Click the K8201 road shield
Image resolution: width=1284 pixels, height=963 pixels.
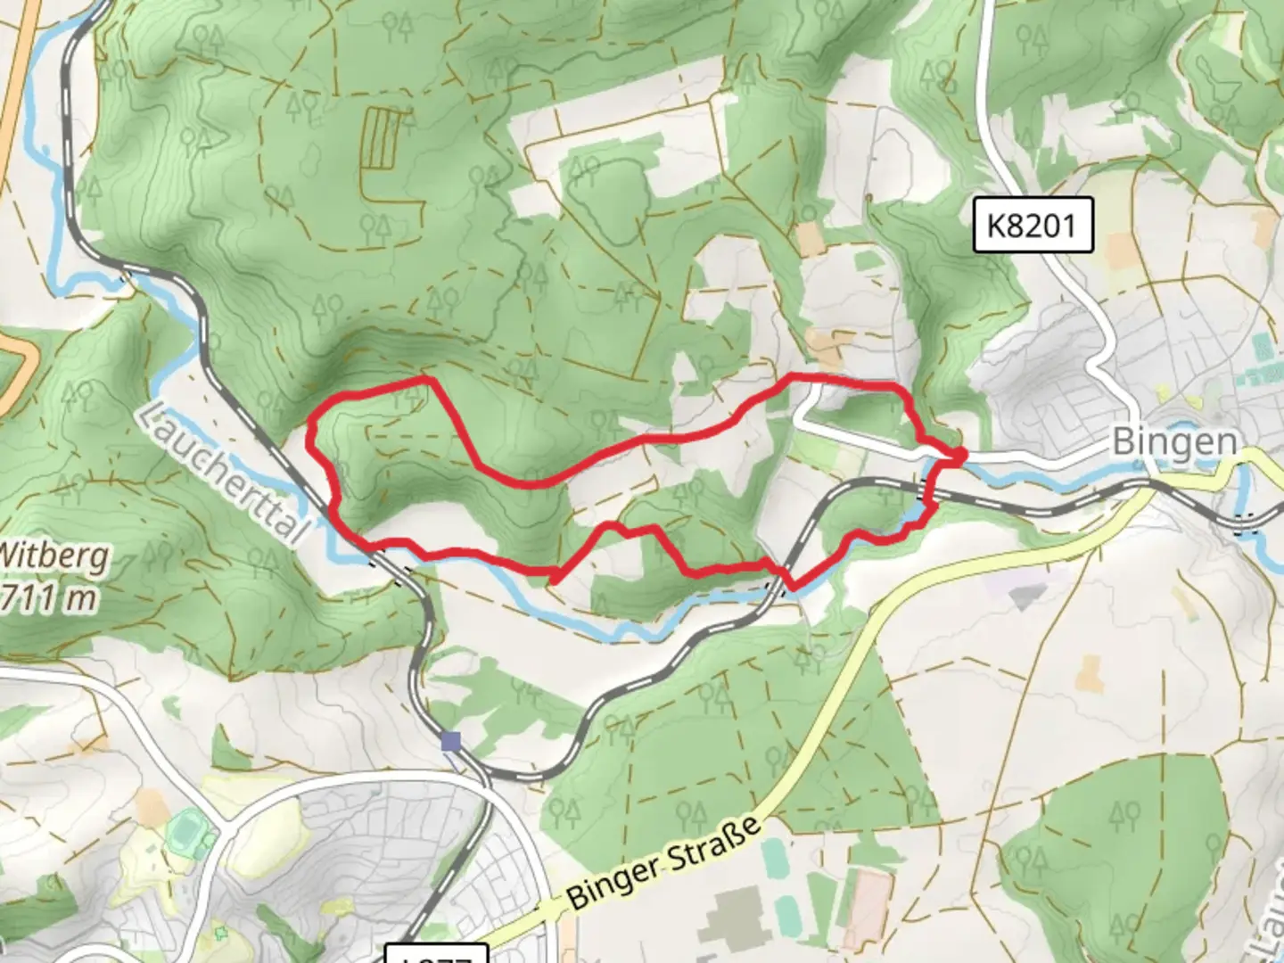(1033, 226)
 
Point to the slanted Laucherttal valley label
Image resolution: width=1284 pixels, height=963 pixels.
(226, 473)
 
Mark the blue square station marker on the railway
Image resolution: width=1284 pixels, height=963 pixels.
(451, 741)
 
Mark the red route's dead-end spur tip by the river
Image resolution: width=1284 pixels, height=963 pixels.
(553, 580)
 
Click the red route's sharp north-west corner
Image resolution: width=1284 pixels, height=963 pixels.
(312, 426)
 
